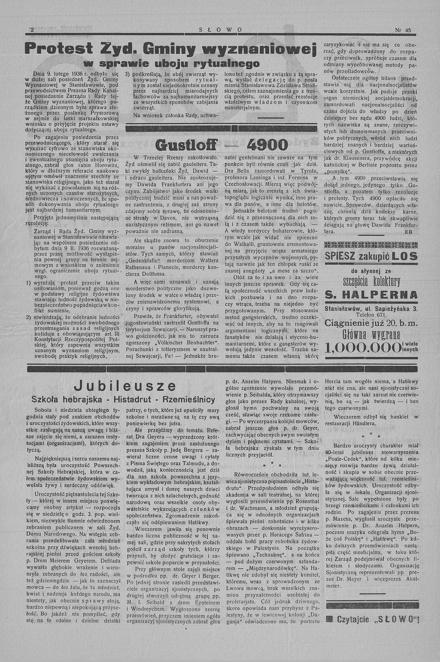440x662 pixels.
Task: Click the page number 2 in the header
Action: tap(32, 29)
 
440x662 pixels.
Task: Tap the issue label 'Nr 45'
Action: tap(403, 30)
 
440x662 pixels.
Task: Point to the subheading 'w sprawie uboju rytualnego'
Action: tap(171, 63)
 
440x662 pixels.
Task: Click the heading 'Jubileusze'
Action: tap(119, 386)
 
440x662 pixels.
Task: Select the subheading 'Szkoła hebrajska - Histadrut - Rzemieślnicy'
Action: tap(123, 400)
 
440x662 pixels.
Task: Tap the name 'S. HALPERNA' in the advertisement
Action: tap(371, 294)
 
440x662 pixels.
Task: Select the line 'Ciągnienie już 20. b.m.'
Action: tap(371, 324)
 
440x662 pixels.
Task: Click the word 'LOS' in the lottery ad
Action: tap(405, 256)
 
